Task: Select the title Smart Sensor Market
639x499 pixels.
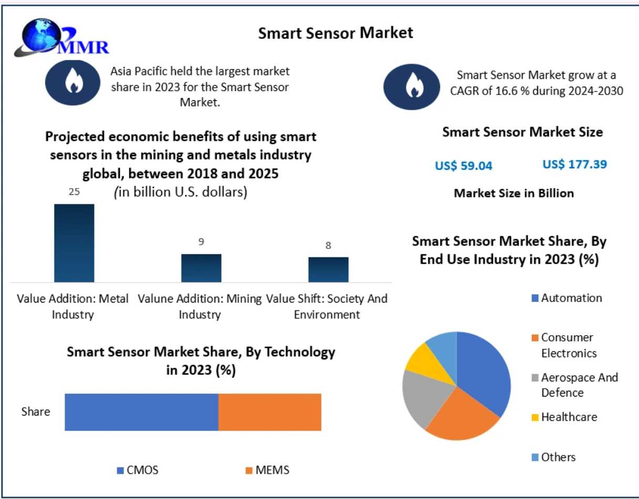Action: click(336, 33)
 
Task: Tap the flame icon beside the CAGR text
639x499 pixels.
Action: click(411, 87)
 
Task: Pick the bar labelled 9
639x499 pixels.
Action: click(201, 268)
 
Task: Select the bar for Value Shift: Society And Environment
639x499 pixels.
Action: click(328, 269)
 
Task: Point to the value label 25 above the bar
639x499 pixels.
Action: click(74, 192)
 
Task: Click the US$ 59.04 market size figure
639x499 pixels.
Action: click(464, 166)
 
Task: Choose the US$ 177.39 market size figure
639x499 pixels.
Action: click(574, 164)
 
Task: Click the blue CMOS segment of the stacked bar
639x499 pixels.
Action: click(141, 412)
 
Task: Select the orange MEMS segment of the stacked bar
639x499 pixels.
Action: click(269, 412)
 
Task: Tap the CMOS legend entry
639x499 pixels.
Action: click(138, 470)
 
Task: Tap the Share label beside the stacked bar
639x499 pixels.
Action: click(36, 411)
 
